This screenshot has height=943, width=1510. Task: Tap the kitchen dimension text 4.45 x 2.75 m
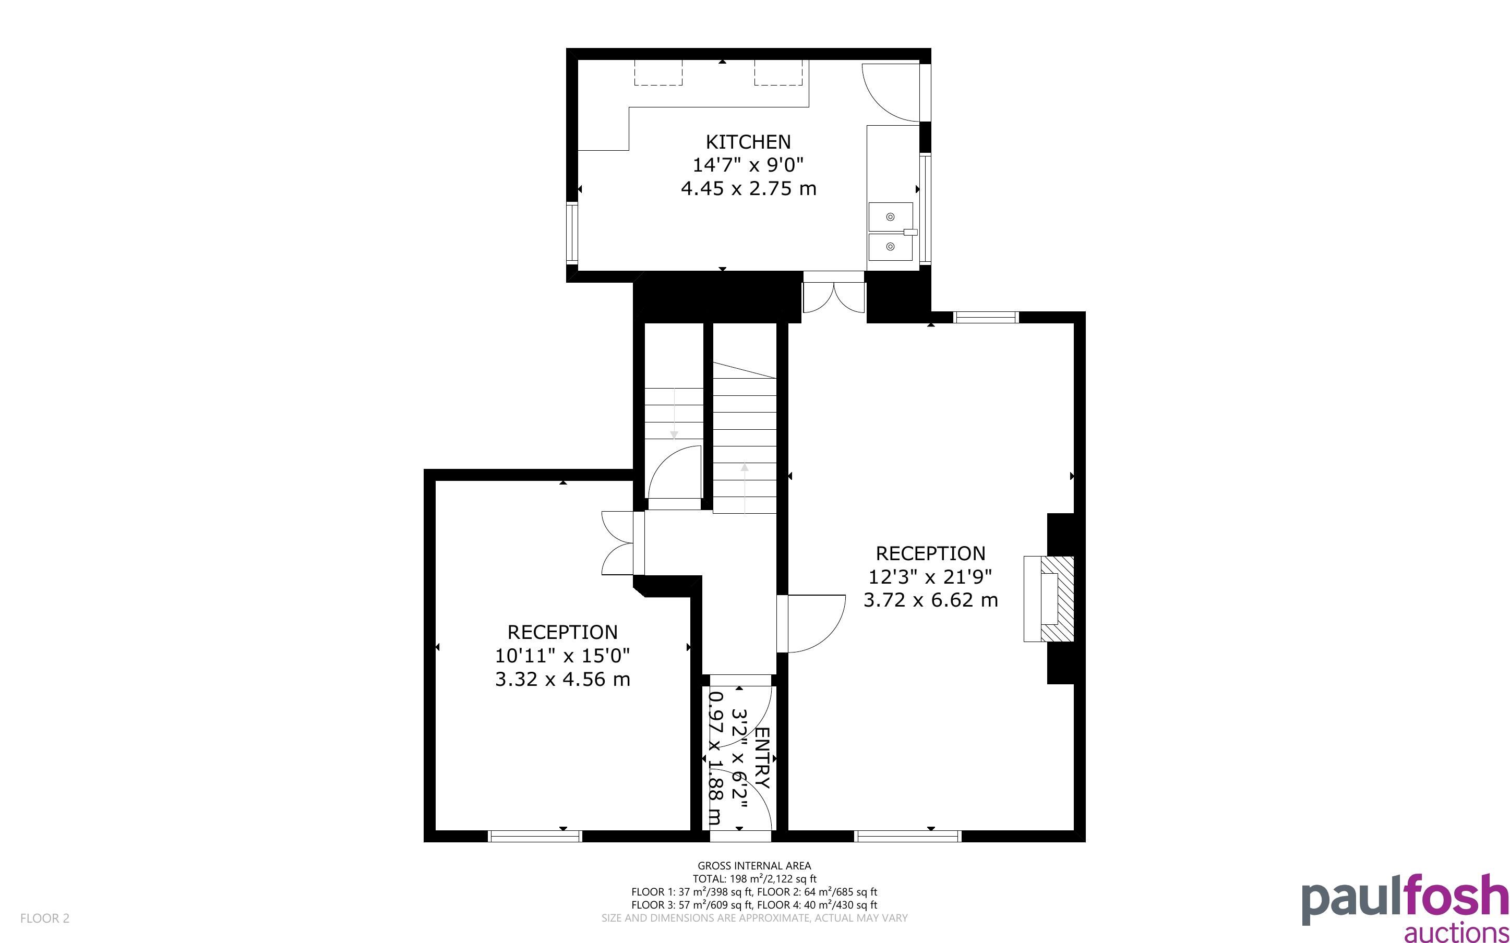pos(748,188)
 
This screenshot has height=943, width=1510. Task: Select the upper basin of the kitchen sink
pos(891,216)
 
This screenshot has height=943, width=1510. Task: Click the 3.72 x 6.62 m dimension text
pos(930,600)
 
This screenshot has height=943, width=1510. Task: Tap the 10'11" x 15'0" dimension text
pos(562,656)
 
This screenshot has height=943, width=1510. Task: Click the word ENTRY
pos(762,758)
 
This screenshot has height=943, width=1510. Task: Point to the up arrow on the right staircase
pos(744,489)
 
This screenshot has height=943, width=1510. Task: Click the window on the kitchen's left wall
pos(572,233)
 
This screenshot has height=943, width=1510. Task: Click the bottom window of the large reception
pos(907,837)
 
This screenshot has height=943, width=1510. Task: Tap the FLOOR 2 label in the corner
pos(45,918)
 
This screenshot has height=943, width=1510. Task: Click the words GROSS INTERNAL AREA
pos(754,866)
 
